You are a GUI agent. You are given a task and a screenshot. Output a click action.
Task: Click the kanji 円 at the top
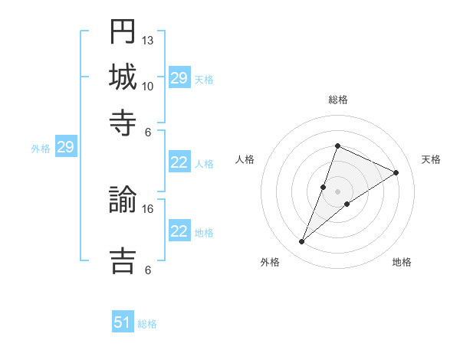coord(123,31)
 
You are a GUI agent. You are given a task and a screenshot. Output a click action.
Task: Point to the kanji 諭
coord(123,200)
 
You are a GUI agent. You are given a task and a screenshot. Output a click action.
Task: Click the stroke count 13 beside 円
coord(148,40)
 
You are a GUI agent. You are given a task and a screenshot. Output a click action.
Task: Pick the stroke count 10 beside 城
coord(148,86)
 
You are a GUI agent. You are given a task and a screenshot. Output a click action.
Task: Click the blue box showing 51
coord(123,322)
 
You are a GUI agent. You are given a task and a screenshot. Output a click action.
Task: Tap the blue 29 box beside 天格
coord(179,78)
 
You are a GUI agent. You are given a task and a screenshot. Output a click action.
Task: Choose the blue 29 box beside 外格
coord(65,147)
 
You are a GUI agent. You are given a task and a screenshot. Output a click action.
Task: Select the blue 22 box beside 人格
coord(179,162)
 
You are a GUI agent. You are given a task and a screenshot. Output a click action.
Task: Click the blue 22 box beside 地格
coord(179,231)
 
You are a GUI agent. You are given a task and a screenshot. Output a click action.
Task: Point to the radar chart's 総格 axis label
coord(338,100)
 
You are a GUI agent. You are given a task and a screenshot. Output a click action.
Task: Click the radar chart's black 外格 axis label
coord(270,262)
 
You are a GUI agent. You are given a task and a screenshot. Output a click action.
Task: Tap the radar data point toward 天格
coord(396,172)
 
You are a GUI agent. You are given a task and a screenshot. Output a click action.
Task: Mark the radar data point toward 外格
coord(302,242)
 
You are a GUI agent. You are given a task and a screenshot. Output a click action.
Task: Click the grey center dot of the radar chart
coord(338,191)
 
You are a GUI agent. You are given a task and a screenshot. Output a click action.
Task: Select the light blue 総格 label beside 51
coord(147,324)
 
